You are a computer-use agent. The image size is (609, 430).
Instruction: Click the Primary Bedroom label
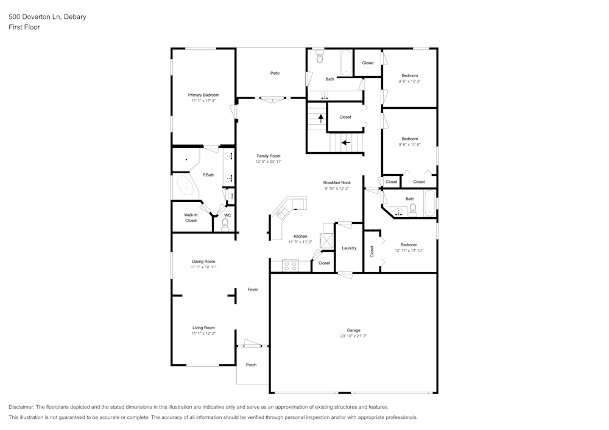pyautogui.click(x=203, y=95)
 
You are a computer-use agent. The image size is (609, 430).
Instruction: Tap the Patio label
pyautogui.click(x=275, y=73)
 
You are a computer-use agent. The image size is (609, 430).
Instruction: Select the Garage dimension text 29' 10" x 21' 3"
pyautogui.click(x=353, y=336)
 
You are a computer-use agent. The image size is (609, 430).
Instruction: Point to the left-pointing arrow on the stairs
pyautogui.click(x=345, y=144)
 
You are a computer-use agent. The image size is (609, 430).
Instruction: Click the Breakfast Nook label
pyautogui.click(x=337, y=182)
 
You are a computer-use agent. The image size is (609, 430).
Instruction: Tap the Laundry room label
pyautogui.click(x=349, y=248)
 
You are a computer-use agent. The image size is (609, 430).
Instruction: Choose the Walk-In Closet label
pyautogui.click(x=191, y=217)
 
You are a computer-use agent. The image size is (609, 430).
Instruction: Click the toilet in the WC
pyautogui.click(x=225, y=225)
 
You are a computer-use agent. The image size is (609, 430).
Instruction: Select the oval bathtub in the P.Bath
pyautogui.click(x=183, y=186)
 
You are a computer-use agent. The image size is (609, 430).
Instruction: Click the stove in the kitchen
pyautogui.click(x=289, y=265)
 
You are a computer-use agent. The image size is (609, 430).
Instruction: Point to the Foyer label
pyautogui.click(x=252, y=290)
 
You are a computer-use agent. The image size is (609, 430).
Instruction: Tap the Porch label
pyautogui.click(x=251, y=365)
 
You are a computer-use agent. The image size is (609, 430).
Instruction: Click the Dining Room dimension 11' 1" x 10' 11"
pyautogui.click(x=203, y=267)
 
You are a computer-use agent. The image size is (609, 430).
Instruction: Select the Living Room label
pyautogui.click(x=203, y=327)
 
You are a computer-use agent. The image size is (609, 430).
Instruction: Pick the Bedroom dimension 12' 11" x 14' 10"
pyautogui.click(x=409, y=250)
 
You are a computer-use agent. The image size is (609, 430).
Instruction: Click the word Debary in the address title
pyautogui.click(x=75, y=17)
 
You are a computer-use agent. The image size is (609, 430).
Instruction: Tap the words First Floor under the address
pyautogui.click(x=24, y=27)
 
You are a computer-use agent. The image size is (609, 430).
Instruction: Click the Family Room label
pyautogui.click(x=268, y=156)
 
